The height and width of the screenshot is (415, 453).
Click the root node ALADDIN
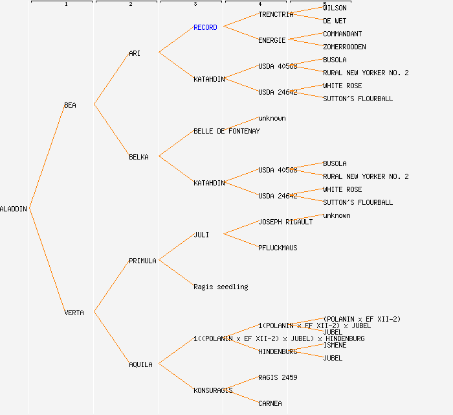click(x=14, y=209)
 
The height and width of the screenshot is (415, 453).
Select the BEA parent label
click(x=70, y=105)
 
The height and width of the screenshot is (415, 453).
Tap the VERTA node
click(x=74, y=313)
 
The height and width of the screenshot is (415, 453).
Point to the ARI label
click(x=135, y=53)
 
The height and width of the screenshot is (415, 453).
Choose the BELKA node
click(x=138, y=157)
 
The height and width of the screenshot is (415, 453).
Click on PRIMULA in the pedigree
click(x=142, y=261)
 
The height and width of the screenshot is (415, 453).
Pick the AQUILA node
click(x=140, y=364)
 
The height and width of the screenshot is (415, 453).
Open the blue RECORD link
click(x=205, y=27)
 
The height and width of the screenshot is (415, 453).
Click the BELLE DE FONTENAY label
click(x=226, y=131)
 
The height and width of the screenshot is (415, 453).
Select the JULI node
click(x=201, y=235)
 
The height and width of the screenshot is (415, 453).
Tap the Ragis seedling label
click(x=221, y=287)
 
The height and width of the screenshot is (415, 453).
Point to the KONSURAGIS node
click(x=213, y=390)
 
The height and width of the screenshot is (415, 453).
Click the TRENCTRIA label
click(x=276, y=14)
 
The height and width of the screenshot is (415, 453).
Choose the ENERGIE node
click(x=272, y=40)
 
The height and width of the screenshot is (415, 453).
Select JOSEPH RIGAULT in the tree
click(x=285, y=222)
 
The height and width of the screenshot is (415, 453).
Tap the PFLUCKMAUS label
click(x=278, y=248)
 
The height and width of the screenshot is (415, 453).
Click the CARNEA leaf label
click(x=270, y=403)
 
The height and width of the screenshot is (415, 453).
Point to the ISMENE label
click(x=335, y=345)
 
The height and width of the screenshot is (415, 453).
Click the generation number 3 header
click(x=195, y=5)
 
